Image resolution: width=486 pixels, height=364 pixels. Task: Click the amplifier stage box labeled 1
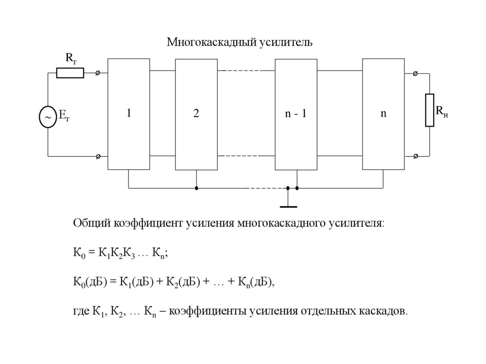click(x=129, y=114)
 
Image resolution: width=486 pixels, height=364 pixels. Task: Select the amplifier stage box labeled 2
click(x=196, y=114)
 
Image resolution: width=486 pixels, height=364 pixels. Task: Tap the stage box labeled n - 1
click(x=296, y=114)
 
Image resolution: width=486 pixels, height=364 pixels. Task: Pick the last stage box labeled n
click(x=383, y=114)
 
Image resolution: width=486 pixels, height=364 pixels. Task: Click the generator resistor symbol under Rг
click(x=70, y=73)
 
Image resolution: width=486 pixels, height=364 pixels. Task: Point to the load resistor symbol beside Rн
click(x=430, y=110)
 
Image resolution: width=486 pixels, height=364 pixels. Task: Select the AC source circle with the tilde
click(x=48, y=116)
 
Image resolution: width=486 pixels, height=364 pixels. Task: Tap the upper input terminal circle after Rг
click(x=98, y=73)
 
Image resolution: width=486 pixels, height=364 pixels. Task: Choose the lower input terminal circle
click(x=98, y=156)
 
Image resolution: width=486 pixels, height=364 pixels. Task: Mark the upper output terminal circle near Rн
click(x=415, y=74)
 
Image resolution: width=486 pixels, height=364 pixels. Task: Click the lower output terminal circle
click(x=415, y=156)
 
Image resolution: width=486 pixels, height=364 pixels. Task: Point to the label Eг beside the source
click(x=64, y=116)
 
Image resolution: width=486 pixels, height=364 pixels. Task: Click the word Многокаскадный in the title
click(x=211, y=43)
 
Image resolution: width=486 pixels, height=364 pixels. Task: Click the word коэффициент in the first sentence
click(x=148, y=223)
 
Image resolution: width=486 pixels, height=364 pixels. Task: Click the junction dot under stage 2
click(x=196, y=188)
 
